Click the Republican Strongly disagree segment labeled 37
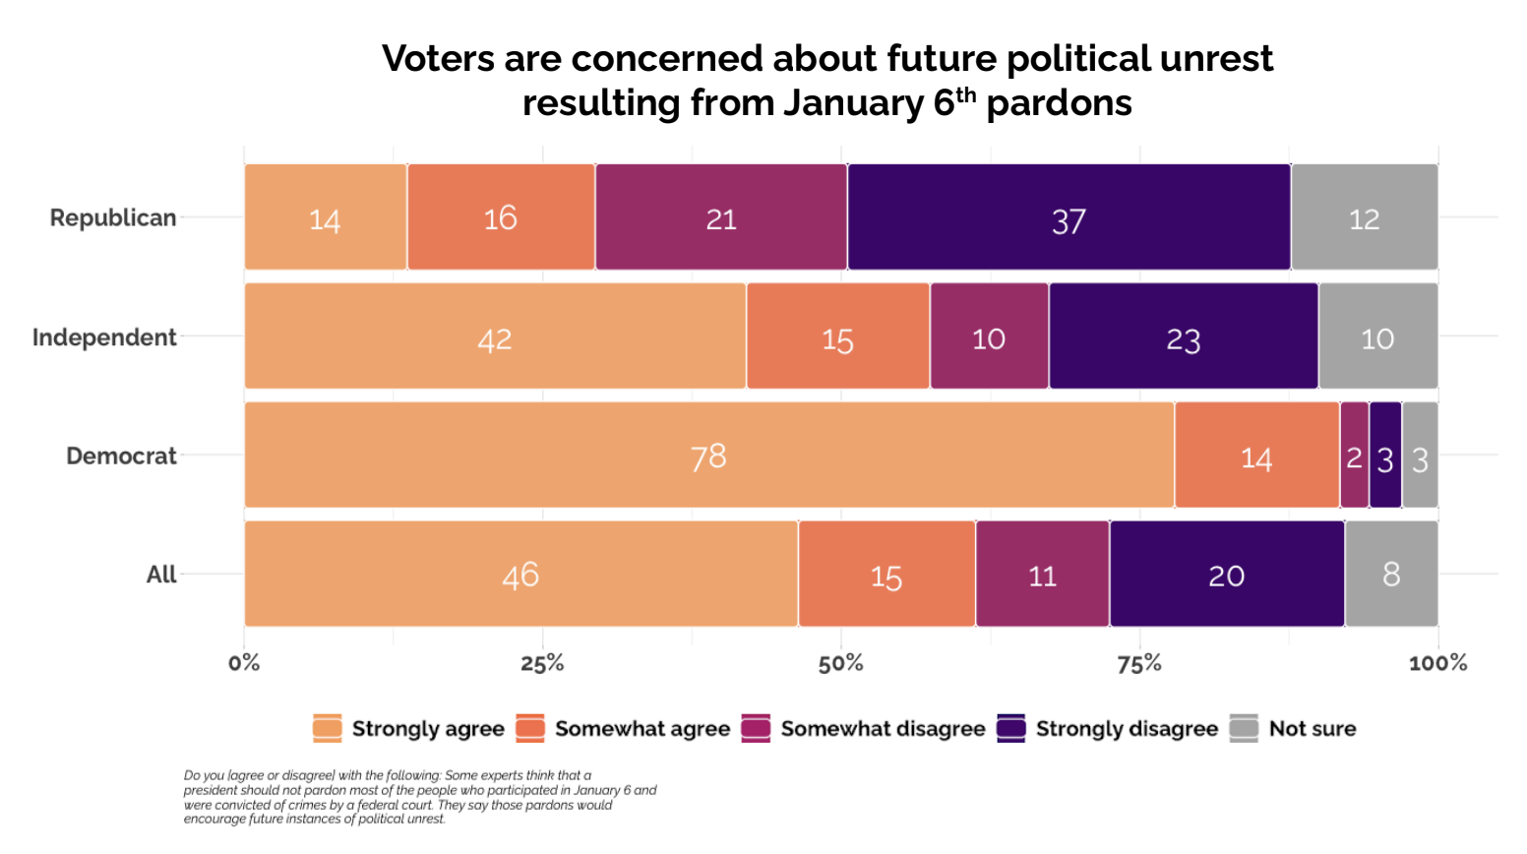coord(1069,217)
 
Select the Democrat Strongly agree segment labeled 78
coord(708,456)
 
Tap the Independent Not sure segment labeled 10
coord(1377,336)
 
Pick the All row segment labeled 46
coord(520,574)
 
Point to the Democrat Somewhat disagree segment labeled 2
coord(1354,456)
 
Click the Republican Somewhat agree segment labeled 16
coord(501,217)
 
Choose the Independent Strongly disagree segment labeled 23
coord(1183,336)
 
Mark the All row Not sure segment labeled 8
coord(1390,574)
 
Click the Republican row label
coord(113,217)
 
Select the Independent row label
coord(104,337)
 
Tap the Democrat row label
coord(121,457)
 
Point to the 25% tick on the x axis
coord(542,663)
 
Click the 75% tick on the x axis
coord(1139,663)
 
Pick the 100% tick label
coord(1437,663)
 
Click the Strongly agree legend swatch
coord(328,728)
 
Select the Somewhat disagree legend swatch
coord(756,728)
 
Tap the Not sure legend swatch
coord(1244,728)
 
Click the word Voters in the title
coord(438,59)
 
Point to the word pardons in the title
coord(1059,103)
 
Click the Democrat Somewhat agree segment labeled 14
coord(1256,456)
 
